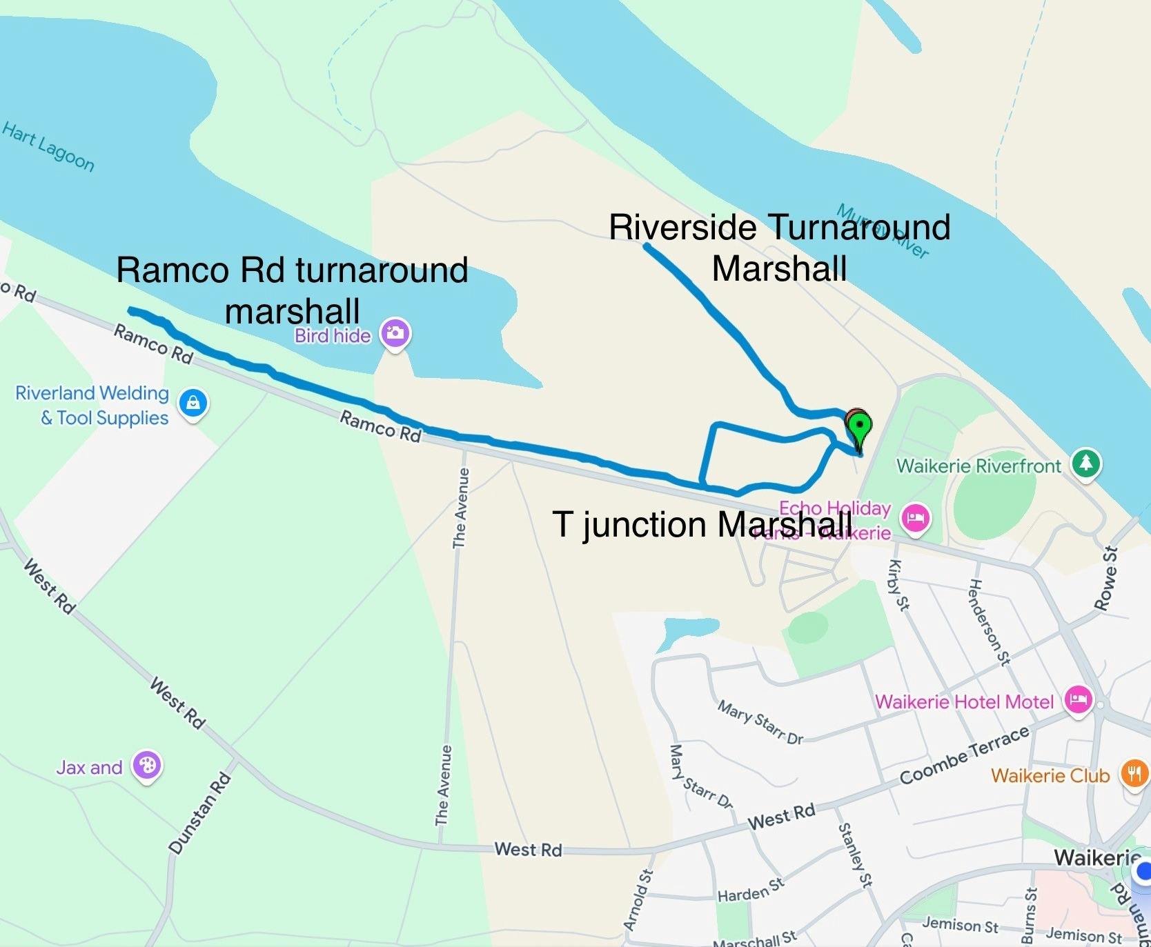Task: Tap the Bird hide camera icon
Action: point(395,333)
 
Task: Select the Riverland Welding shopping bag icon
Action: point(193,402)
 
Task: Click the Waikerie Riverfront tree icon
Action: point(1086,463)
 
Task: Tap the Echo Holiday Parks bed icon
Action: point(916,517)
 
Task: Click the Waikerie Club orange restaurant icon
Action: point(1134,773)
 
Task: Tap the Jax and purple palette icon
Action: point(147,765)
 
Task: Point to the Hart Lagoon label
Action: point(48,146)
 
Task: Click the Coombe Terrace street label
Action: point(964,755)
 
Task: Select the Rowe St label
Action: point(1106,578)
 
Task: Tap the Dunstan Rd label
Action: point(200,814)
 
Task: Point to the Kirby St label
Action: point(898,585)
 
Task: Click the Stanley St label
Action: point(855,855)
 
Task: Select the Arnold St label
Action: point(638,900)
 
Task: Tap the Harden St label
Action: point(751,890)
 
